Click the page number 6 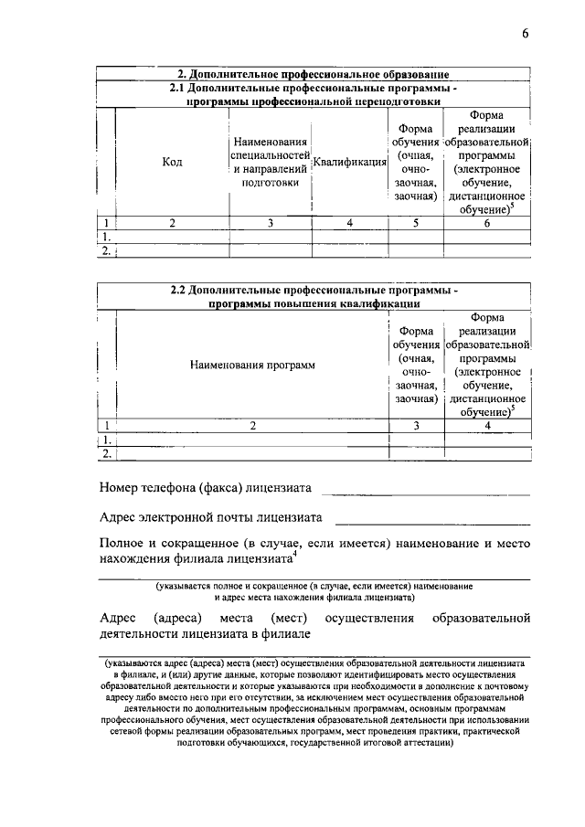click(x=526, y=34)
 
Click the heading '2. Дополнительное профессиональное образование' click(x=313, y=74)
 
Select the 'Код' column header click(x=172, y=162)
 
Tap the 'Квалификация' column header click(x=349, y=164)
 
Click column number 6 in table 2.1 click(x=487, y=222)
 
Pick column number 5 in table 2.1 click(x=415, y=222)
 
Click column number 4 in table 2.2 click(x=487, y=425)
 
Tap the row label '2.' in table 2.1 click(x=106, y=249)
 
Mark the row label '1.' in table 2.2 click(x=106, y=440)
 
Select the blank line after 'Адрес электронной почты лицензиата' click(x=432, y=521)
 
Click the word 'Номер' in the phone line click(x=118, y=488)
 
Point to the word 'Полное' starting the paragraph click(x=121, y=543)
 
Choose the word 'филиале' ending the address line click(x=290, y=633)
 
